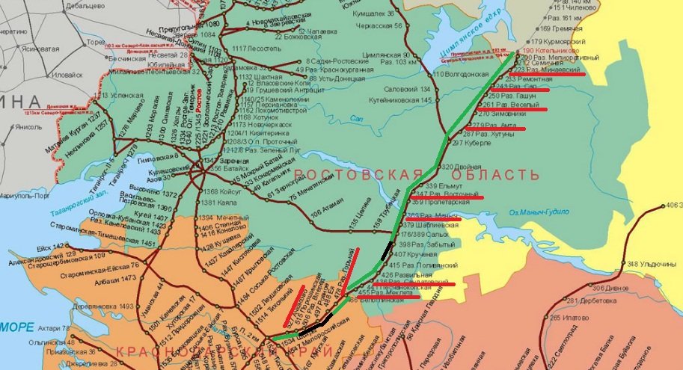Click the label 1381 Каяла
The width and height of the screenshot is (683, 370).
click(219, 203)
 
